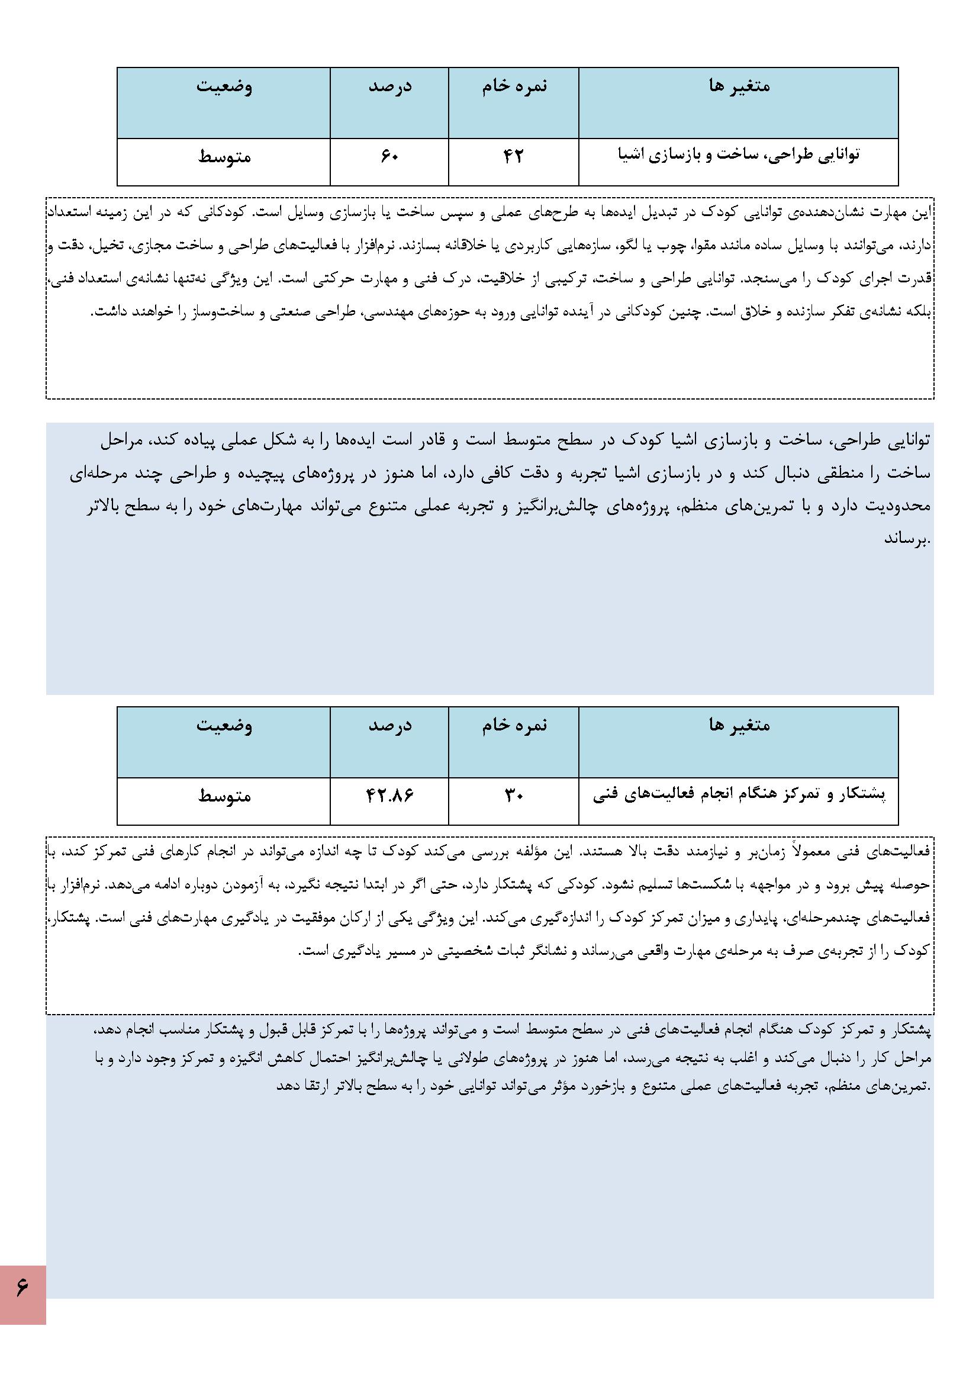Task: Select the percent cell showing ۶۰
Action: click(x=389, y=157)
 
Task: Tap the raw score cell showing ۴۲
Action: click(x=513, y=157)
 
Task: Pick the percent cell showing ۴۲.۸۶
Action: click(x=389, y=796)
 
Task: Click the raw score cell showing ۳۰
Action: click(x=513, y=796)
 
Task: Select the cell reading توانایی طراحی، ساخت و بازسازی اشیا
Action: click(x=739, y=156)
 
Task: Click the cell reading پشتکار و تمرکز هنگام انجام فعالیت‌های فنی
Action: click(x=739, y=795)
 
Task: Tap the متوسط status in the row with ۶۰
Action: click(x=224, y=157)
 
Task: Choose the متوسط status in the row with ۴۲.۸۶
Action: click(x=224, y=796)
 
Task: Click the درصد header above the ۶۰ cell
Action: click(x=389, y=86)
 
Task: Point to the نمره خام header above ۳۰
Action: click(x=514, y=725)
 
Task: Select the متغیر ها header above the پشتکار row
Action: click(x=739, y=725)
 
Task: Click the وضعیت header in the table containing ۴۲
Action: click(x=224, y=86)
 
